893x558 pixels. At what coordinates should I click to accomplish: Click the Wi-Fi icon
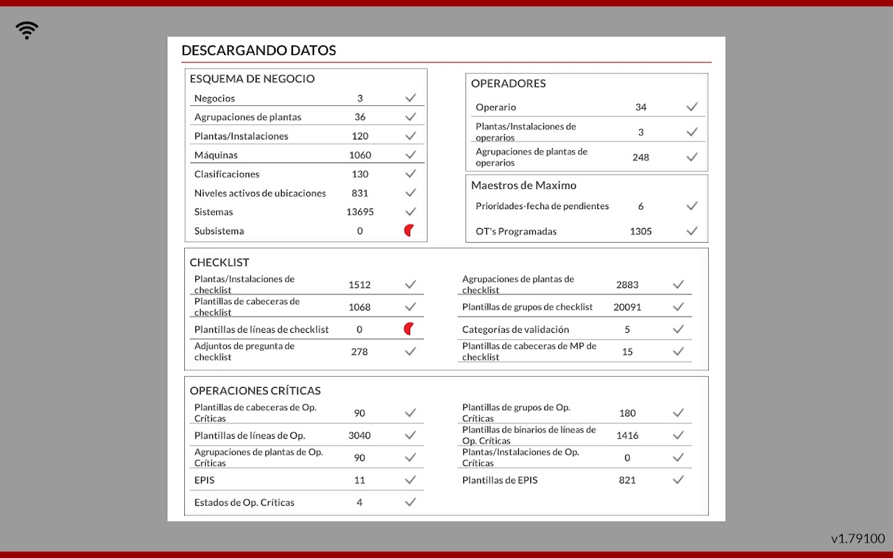point(27,30)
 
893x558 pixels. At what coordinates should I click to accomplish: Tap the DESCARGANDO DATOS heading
point(259,50)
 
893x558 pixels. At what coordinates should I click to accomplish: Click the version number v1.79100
point(857,538)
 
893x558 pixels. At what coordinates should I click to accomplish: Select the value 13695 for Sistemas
point(360,212)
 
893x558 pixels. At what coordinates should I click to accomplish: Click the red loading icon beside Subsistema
point(410,231)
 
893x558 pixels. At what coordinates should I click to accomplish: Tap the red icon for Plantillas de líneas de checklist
point(410,329)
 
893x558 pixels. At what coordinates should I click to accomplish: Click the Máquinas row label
point(216,155)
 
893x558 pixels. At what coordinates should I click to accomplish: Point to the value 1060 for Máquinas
point(360,155)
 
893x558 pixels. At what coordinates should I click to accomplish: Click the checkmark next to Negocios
point(410,98)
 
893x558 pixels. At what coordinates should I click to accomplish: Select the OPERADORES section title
point(509,84)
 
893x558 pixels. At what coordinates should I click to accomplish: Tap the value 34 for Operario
point(640,107)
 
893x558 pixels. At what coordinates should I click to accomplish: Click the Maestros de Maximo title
point(524,186)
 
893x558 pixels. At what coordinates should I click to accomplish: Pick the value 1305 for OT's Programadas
point(640,232)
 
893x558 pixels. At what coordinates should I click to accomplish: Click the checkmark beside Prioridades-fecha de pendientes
point(692,206)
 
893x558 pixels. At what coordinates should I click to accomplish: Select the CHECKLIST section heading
point(220,263)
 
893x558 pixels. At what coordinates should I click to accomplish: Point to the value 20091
point(627,307)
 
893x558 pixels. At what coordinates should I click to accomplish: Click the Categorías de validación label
point(516,329)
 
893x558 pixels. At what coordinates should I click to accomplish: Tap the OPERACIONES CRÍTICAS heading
point(255,391)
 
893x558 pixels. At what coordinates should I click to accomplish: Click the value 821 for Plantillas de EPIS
point(627,480)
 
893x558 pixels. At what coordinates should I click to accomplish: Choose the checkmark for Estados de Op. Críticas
point(410,502)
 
